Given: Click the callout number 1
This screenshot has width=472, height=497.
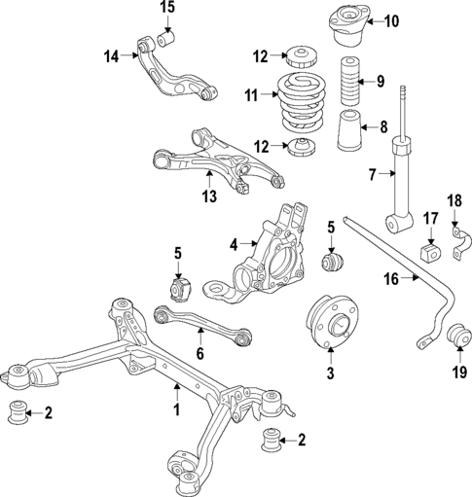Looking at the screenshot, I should pyautogui.click(x=177, y=410).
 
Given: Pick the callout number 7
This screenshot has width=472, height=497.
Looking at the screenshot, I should pyautogui.click(x=371, y=175).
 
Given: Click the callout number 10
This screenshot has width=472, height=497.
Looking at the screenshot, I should pyautogui.click(x=392, y=20).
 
